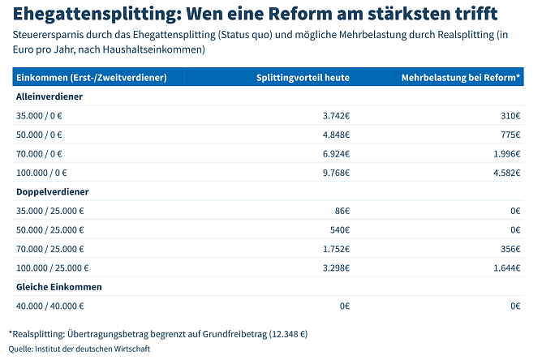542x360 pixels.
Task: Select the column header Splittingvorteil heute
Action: [303, 77]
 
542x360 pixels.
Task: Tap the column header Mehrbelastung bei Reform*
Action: [461, 77]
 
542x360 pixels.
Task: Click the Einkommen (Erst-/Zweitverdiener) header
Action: [92, 77]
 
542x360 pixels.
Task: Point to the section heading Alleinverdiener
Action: [49, 96]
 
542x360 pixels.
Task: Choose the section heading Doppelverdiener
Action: [52, 191]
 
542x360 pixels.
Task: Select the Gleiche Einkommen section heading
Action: [58, 287]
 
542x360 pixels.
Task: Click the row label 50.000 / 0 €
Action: [39, 135]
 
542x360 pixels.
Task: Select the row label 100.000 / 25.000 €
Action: [52, 268]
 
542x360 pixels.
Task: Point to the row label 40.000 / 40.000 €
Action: [49, 306]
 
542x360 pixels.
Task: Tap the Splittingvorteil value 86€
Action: [341, 211]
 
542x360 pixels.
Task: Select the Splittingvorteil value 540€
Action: [339, 229]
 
